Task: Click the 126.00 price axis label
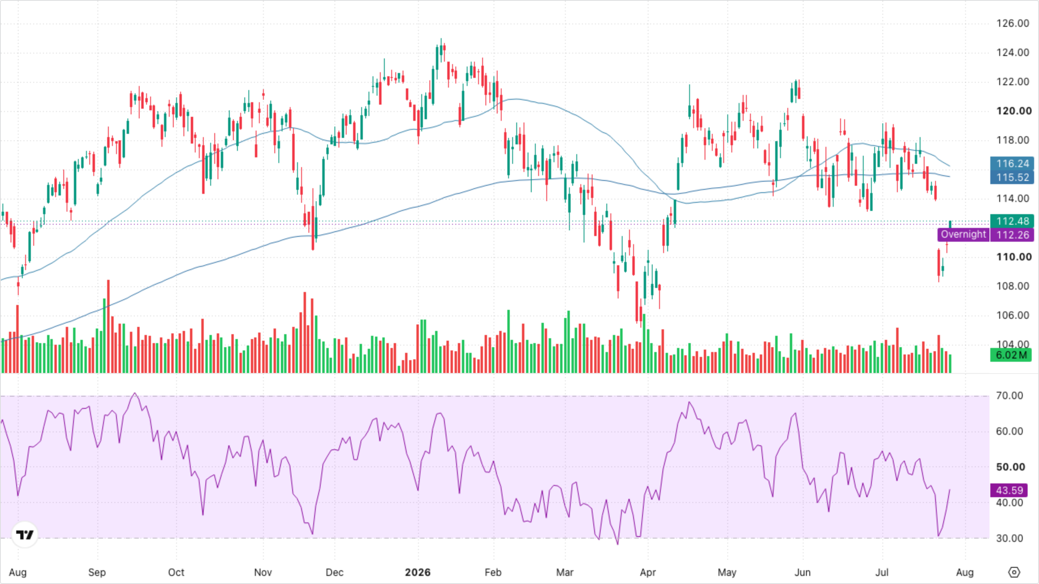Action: (1013, 23)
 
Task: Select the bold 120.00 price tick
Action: (1014, 111)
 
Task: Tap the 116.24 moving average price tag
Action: (1012, 163)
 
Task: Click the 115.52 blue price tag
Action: (1012, 177)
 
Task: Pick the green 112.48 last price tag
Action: (1012, 221)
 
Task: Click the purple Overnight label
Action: (963, 234)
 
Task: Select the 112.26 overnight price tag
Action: (1012, 235)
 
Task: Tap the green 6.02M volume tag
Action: (1011, 355)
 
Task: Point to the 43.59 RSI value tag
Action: (1009, 490)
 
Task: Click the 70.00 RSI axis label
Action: (1009, 395)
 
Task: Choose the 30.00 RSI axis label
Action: (1009, 538)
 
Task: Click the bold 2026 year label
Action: (418, 572)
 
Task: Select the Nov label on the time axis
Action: (263, 572)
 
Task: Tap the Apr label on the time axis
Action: (648, 572)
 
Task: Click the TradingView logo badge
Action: (25, 535)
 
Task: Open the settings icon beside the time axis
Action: (1014, 572)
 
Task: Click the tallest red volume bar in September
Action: (108, 326)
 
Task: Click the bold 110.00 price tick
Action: (1014, 257)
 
